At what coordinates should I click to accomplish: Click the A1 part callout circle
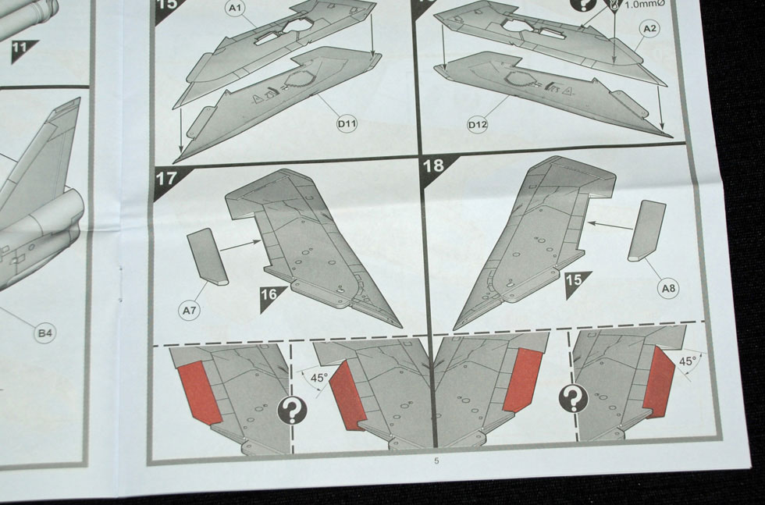236,9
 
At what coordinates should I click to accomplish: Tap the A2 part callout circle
649,29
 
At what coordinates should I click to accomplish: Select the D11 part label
347,123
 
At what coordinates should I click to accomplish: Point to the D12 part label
477,125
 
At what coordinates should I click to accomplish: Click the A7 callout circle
189,310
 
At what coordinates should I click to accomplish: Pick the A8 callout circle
668,288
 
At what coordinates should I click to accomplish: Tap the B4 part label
45,333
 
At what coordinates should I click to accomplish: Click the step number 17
165,179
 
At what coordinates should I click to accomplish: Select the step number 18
433,166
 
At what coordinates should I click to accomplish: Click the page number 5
436,461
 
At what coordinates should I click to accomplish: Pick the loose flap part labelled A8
646,229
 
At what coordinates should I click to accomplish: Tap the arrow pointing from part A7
240,245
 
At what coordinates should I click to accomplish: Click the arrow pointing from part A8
610,226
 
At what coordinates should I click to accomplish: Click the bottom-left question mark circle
292,411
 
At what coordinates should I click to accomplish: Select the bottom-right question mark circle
574,397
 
